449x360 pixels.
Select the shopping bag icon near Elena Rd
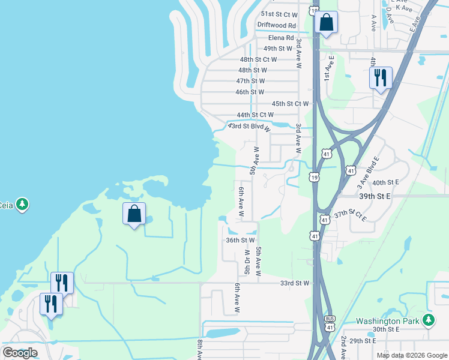click(x=326, y=23)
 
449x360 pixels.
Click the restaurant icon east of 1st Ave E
click(x=381, y=78)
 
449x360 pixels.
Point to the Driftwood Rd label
click(x=277, y=25)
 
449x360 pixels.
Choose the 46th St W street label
click(x=250, y=92)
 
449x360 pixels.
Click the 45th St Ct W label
click(x=290, y=103)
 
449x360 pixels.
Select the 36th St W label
click(x=241, y=240)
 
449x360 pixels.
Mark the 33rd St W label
click(x=294, y=283)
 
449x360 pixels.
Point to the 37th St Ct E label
click(x=350, y=214)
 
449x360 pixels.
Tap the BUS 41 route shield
click(x=329, y=323)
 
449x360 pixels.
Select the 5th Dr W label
click(x=246, y=260)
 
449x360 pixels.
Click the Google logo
click(x=20, y=353)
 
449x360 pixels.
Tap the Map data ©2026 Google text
click(x=412, y=355)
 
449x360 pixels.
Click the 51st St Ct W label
click(x=279, y=14)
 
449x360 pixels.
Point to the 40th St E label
click(x=385, y=182)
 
